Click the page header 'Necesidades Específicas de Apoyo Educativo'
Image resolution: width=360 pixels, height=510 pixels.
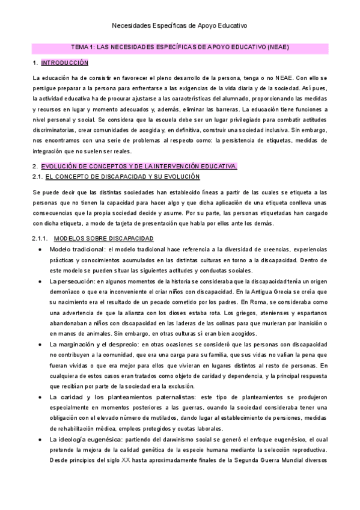point(180,26)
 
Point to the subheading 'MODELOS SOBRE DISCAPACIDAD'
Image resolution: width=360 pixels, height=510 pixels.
point(103,239)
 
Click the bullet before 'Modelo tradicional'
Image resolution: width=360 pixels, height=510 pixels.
point(40,250)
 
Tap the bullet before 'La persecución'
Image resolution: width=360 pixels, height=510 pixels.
point(40,281)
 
